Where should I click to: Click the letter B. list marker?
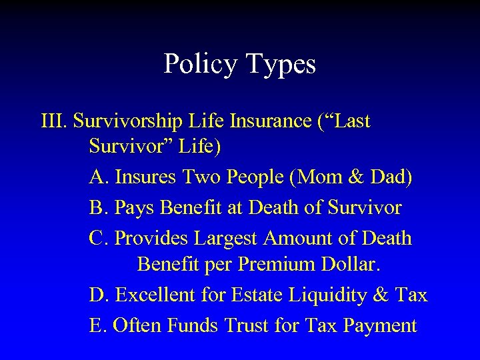pyautogui.click(x=98, y=208)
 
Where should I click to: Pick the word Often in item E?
pyautogui.click(x=137, y=326)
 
